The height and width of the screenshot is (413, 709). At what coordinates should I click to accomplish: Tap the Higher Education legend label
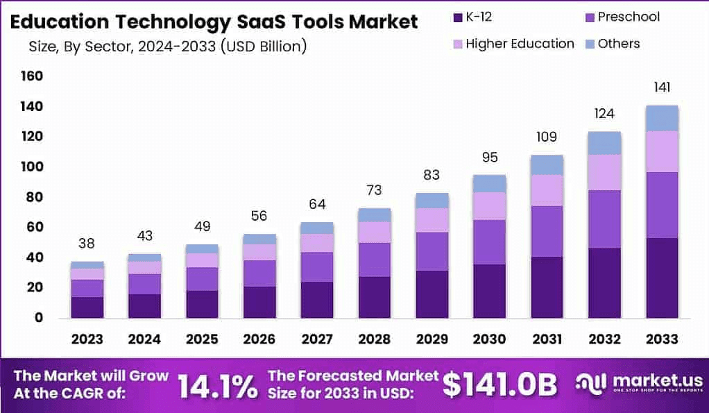tap(520, 44)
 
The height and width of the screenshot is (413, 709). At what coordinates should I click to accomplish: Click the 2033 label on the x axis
tap(661, 339)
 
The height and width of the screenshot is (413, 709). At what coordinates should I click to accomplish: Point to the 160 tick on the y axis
tap(33, 76)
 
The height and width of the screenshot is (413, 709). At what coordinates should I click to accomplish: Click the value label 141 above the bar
tap(661, 87)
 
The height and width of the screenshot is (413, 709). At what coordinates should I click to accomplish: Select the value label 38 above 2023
tap(87, 244)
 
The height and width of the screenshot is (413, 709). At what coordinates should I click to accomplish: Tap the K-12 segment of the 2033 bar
tap(661, 278)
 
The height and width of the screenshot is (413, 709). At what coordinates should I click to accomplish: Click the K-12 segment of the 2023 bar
tap(87, 307)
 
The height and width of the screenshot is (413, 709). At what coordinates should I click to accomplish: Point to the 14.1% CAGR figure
tap(217, 386)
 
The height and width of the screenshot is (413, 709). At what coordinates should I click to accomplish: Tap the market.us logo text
tap(648, 381)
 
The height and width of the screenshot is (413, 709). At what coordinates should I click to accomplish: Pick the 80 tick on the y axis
tap(35, 197)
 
